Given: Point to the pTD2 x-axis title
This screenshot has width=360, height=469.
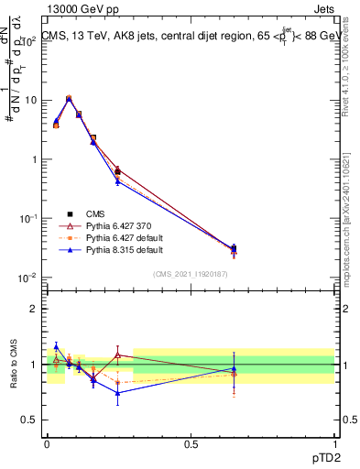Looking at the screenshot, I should (x=321, y=456).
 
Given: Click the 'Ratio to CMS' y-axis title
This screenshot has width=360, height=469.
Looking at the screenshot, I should (x=14, y=364).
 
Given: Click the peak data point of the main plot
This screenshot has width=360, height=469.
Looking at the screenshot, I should (x=69, y=98).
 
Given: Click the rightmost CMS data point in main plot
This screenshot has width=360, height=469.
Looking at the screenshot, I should (x=234, y=248).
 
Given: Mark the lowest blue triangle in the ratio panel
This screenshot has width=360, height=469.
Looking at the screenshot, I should (x=117, y=393).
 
